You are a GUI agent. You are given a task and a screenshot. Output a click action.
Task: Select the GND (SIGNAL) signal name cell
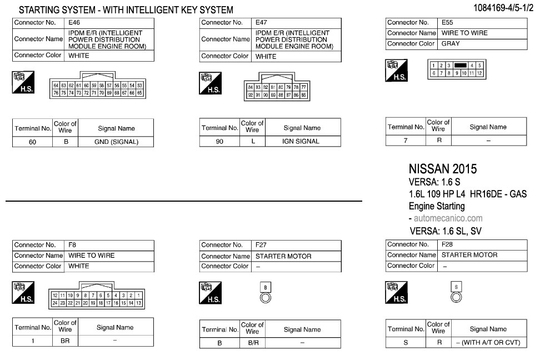[x=116, y=142]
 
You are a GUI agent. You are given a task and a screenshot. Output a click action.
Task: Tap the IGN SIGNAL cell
[x=301, y=141]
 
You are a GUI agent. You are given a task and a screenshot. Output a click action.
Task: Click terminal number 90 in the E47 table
[x=219, y=141]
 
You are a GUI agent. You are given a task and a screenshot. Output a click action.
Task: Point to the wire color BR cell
[x=65, y=341]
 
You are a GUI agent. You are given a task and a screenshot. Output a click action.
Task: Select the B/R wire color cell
[x=253, y=343]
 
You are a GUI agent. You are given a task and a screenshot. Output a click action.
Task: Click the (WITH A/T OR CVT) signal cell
[x=488, y=342]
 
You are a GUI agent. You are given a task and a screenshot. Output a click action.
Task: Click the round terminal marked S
[x=456, y=297]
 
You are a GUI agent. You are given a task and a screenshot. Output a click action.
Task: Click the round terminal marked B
[x=266, y=298]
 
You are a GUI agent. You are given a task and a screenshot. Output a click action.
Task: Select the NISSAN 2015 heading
[x=442, y=169]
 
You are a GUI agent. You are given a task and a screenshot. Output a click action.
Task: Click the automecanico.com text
[x=448, y=218]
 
